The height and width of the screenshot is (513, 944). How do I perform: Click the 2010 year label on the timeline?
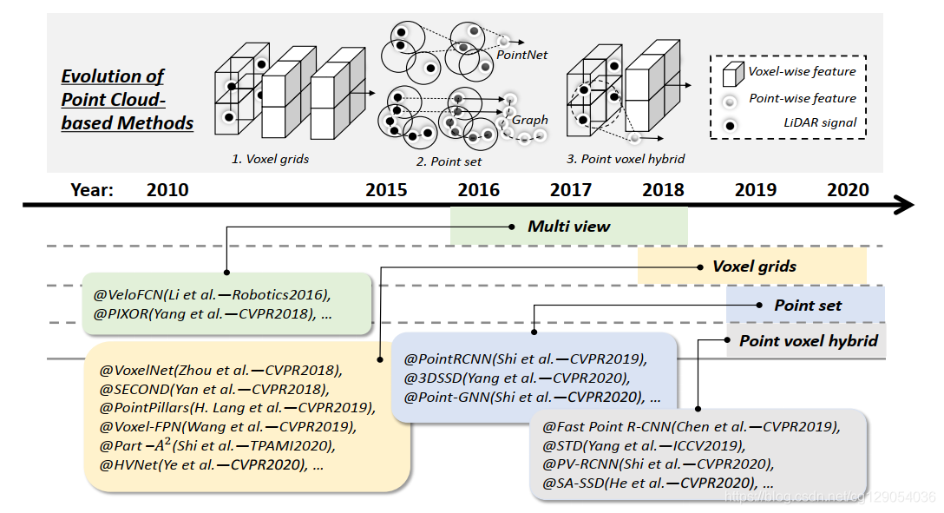point(167,190)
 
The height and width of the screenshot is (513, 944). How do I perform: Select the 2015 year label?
point(386,190)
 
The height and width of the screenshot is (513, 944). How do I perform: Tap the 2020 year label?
point(848,190)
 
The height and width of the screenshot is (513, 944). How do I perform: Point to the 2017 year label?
point(571,190)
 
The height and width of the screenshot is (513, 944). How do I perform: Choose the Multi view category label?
point(569,227)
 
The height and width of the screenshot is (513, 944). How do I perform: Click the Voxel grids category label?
point(754,266)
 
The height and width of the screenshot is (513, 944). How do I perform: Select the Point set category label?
point(808,305)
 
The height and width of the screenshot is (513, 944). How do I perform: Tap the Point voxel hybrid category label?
point(808,341)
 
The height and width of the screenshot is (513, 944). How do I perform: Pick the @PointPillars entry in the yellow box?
point(237,407)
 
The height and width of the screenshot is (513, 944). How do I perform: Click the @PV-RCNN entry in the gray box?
point(657,464)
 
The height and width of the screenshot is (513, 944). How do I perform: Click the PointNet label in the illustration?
point(522,54)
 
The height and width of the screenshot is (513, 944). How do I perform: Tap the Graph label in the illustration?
point(530,120)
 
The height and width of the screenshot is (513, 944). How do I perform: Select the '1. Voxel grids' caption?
point(270,160)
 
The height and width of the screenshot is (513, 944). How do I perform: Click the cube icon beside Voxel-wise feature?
point(732,72)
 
